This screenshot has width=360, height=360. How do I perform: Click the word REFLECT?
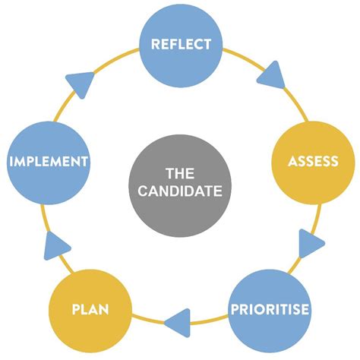(x=181, y=43)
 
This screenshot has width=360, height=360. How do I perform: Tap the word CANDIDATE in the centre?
(x=181, y=191)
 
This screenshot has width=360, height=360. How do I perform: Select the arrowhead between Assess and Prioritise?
(x=311, y=245)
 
